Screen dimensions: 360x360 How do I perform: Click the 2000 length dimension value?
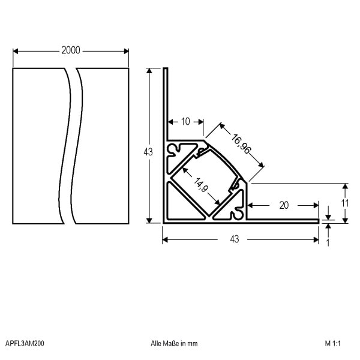[x=71, y=50]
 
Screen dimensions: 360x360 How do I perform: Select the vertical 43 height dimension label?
[x=148, y=152]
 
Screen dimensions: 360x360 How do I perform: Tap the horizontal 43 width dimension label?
[x=235, y=239]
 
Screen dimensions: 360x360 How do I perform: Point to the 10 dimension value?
[x=185, y=121]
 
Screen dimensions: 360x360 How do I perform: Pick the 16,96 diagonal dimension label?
[x=241, y=144]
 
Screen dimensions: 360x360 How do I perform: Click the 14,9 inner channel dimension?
[x=201, y=185]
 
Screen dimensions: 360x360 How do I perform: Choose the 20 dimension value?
[x=284, y=205]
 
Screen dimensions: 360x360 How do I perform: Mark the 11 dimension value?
[x=345, y=203]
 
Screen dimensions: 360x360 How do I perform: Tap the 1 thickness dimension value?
[x=328, y=242]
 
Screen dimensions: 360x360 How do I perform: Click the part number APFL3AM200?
[x=25, y=343]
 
